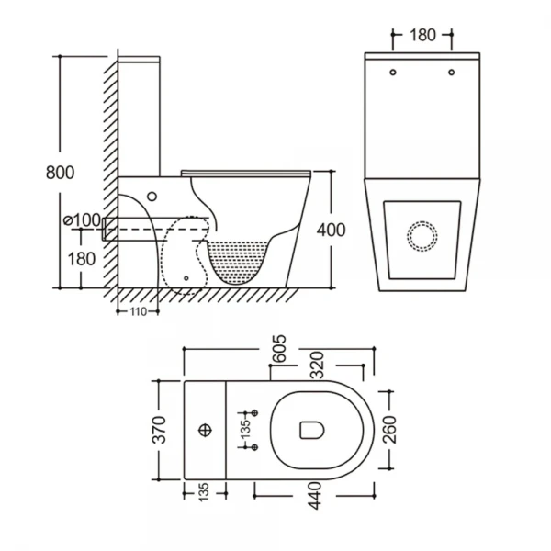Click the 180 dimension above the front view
pyautogui.click(x=422, y=36)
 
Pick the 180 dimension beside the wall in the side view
pyautogui.click(x=82, y=258)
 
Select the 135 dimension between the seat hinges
pyautogui.click(x=244, y=430)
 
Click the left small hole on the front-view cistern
pyautogui.click(x=392, y=72)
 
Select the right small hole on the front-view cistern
pyautogui.click(x=453, y=72)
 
